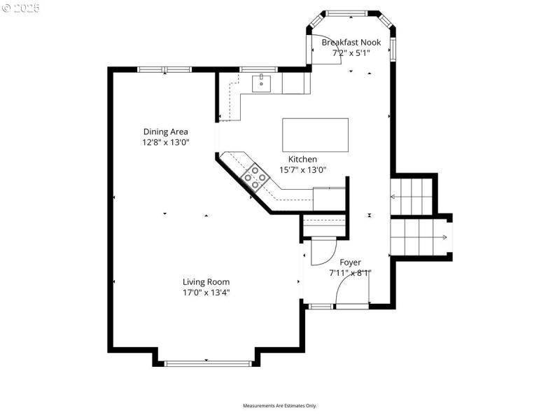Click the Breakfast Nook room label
351,42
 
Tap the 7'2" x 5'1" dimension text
351,52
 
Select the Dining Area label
166,131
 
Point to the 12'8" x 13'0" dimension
166,141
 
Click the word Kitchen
302,159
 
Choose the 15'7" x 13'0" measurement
302,169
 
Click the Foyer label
350,262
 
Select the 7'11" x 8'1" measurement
350,273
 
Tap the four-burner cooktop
255,178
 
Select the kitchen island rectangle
315,134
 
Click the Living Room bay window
206,362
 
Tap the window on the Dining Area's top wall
164,69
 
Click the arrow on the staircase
444,237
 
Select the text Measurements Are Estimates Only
280,405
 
